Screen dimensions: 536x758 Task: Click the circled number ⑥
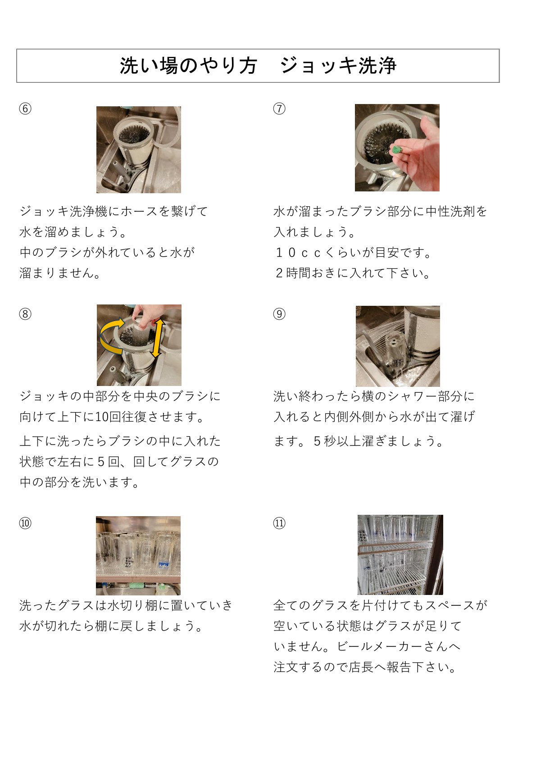click(25, 109)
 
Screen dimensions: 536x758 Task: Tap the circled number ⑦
click(279, 109)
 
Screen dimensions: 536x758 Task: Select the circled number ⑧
click(25, 314)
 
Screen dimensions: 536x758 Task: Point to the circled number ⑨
click(279, 314)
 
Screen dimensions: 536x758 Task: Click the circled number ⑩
click(25, 523)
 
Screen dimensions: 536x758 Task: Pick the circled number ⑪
click(279, 523)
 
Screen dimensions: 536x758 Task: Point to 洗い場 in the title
click(149, 65)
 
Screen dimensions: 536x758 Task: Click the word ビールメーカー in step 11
click(380, 647)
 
